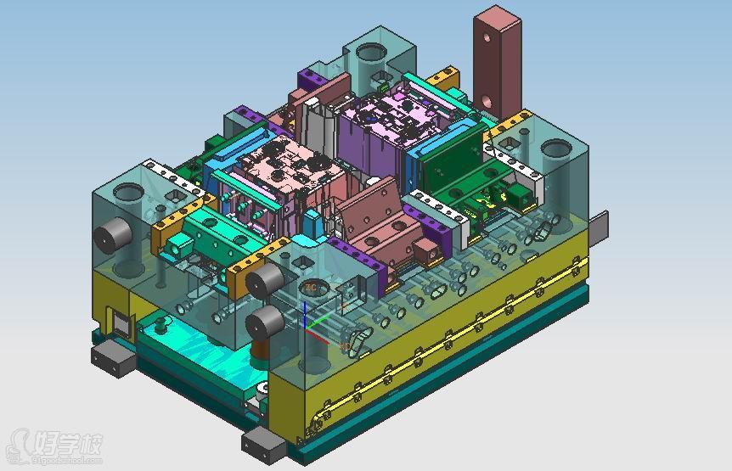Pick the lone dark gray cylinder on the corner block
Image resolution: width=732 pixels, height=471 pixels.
pyautogui.click(x=111, y=239)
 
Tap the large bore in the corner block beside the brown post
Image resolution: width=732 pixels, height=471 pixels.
pyautogui.click(x=556, y=152)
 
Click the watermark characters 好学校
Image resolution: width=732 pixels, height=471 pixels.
pyautogui.click(x=68, y=443)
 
